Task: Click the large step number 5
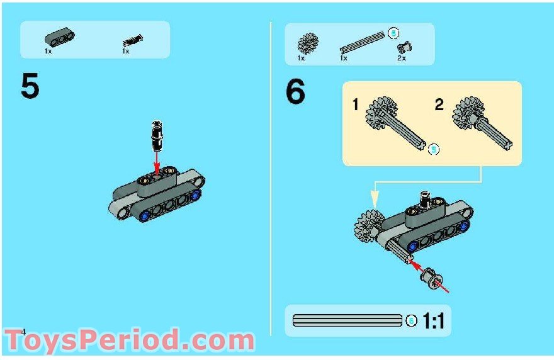30,86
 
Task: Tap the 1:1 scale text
433,321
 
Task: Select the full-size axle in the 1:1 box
348,320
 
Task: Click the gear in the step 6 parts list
308,43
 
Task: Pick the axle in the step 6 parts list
362,42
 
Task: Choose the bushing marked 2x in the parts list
405,47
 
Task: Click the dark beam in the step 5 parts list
60,37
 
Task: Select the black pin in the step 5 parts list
133,41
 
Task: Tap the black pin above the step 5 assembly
157,136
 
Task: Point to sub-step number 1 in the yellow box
356,104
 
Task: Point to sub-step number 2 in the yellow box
439,104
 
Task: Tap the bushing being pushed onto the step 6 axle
431,278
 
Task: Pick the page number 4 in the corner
24,332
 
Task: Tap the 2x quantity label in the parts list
402,58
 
